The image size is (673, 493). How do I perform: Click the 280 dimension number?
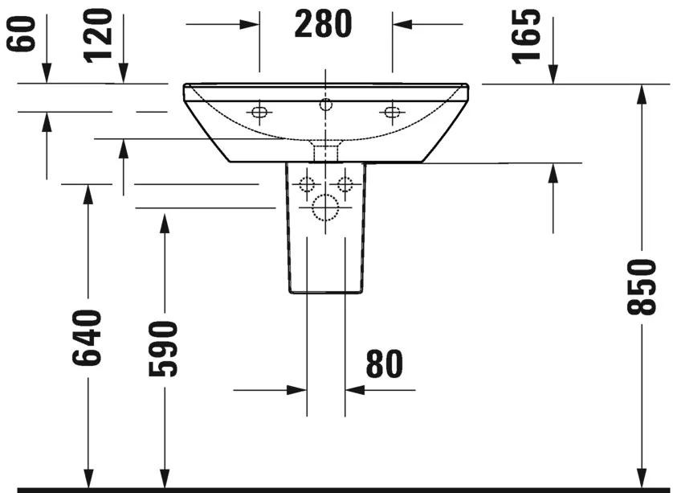323,24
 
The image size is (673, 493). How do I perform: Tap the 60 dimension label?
21,34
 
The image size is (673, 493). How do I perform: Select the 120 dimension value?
98,36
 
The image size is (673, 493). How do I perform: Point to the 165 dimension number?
526,36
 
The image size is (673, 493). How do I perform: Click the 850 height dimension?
642,286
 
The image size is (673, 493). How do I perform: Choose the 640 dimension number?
87,338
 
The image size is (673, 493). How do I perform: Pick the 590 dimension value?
163,348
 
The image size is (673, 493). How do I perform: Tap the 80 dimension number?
385,364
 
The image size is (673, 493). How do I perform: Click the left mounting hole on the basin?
259,112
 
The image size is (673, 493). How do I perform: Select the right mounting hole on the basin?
392,112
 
